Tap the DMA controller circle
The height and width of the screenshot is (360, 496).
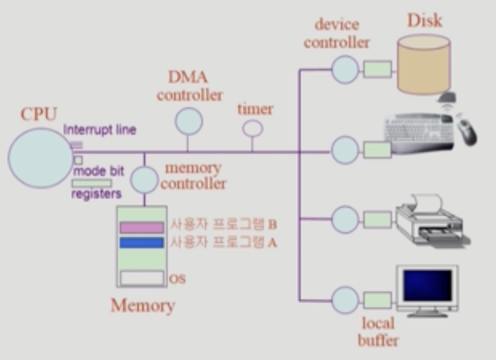(188, 121)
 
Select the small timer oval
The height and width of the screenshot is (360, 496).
(252, 128)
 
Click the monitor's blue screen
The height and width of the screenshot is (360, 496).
(427, 286)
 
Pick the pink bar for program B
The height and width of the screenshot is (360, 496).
(142, 228)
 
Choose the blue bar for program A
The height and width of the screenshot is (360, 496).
(142, 243)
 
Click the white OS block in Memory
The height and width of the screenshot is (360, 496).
(142, 278)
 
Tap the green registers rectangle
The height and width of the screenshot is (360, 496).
(91, 183)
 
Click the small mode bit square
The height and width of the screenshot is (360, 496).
(78, 160)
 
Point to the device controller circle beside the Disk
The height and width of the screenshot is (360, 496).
(345, 69)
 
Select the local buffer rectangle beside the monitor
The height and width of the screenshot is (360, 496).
(377, 300)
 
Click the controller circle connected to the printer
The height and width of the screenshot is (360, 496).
(345, 219)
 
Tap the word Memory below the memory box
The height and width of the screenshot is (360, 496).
(143, 306)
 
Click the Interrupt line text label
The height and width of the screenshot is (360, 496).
(100, 130)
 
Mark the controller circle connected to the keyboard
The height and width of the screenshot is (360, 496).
(345, 150)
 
